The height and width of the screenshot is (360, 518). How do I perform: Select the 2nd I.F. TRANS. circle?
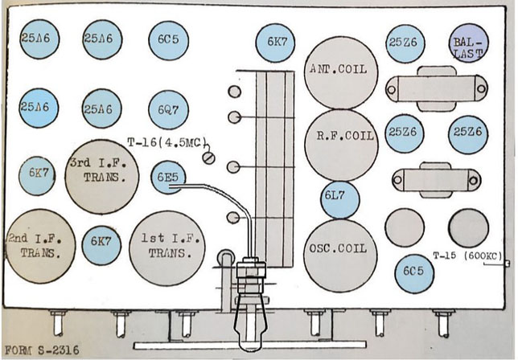39,244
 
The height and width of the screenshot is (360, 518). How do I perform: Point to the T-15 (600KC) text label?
470,256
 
